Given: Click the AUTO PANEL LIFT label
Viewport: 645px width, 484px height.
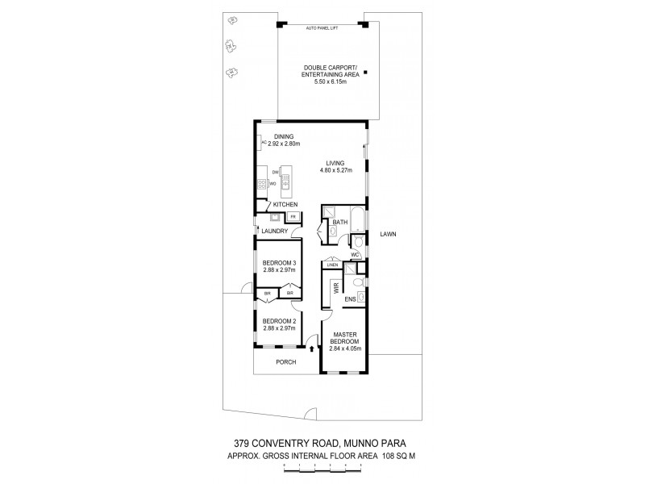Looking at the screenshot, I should [x=322, y=28].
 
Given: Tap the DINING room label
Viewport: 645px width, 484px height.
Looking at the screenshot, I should [x=283, y=136].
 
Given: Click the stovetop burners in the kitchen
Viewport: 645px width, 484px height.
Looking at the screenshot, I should [x=262, y=185].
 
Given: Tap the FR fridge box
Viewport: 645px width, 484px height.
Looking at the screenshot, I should [x=293, y=216].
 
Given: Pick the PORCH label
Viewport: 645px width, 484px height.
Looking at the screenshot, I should [x=286, y=362].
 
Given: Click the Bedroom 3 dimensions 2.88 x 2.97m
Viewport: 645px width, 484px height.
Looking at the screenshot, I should [x=280, y=269].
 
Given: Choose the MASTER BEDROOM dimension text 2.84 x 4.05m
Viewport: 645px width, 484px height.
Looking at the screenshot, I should [x=346, y=348].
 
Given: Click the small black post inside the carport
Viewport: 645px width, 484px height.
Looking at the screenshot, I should [x=365, y=73].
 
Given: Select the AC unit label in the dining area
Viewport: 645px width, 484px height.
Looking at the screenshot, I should [x=263, y=143].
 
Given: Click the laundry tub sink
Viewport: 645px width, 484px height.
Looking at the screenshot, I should [x=274, y=217].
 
